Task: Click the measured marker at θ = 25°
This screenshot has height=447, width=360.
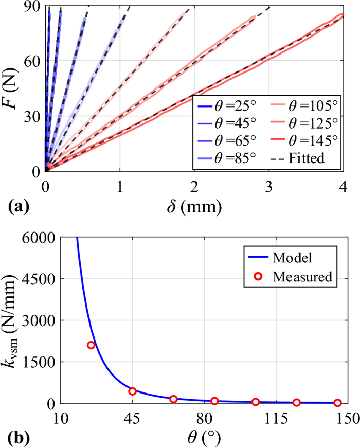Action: [x=92, y=345]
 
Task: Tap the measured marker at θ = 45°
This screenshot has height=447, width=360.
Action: [x=132, y=391]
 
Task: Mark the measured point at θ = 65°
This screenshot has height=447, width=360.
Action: [x=173, y=399]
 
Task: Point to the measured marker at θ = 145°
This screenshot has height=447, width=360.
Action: [x=337, y=403]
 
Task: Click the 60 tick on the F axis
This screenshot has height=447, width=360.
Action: [x=33, y=60]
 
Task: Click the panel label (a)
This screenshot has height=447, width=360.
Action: [x=19, y=207]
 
